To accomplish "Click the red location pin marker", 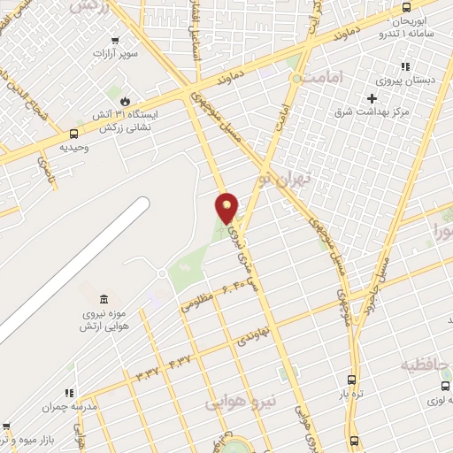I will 227,207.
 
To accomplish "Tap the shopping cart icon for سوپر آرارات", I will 114,40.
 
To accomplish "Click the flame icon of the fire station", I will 124,102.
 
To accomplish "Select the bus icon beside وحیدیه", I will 73,134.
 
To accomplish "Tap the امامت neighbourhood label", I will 316,80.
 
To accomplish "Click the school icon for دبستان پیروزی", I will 404,65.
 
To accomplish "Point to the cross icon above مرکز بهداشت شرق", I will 372,97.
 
